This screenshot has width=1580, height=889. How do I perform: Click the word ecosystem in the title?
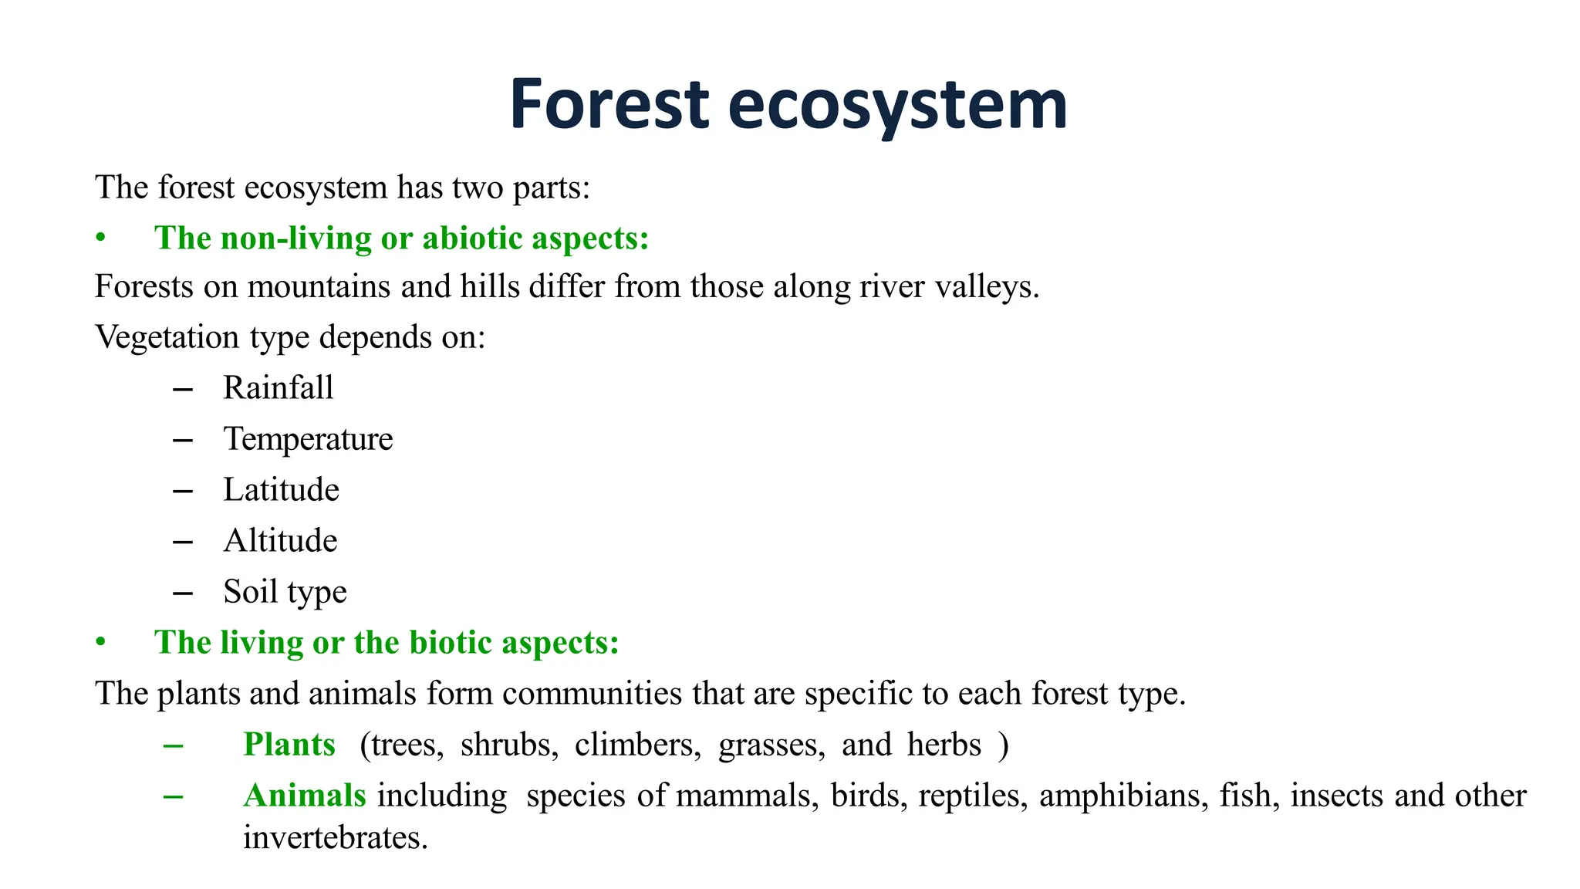pos(897,106)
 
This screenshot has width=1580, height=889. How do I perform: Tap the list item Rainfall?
pos(278,388)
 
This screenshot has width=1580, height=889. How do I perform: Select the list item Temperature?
pos(308,439)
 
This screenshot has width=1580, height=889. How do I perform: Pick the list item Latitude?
pos(281,490)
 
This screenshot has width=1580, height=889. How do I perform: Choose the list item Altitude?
pos(280,541)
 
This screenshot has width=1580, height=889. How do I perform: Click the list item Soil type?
pos(285,592)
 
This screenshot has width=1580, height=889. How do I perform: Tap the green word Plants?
pos(289,745)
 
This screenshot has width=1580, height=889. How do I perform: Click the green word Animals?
pos(305,796)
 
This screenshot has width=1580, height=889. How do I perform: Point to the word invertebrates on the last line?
pos(335,838)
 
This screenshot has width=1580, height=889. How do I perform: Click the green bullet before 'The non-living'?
pos(100,238)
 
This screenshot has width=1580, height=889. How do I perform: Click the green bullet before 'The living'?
pos(100,643)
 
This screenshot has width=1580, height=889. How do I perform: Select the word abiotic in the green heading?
pos(472,238)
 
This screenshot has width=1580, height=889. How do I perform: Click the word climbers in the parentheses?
pos(637,745)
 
